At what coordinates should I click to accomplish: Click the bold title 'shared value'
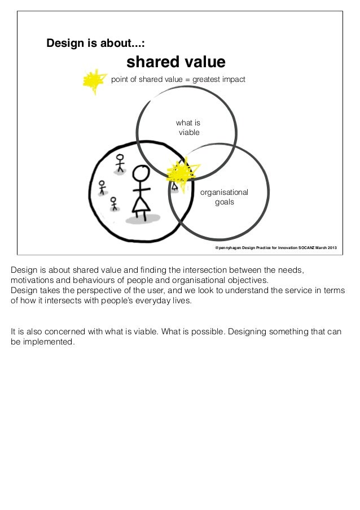point(175,62)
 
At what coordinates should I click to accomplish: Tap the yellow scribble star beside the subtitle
point(94,81)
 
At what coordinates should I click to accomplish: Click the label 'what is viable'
point(188,128)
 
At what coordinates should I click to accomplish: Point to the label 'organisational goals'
point(224,197)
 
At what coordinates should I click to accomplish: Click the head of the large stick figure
point(139,173)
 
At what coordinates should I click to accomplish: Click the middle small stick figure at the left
point(102,186)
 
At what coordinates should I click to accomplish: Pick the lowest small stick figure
point(114,203)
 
